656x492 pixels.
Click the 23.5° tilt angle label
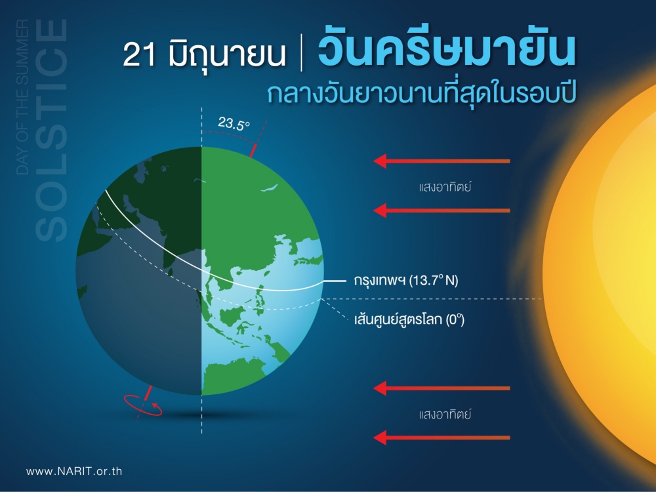[x=234, y=123]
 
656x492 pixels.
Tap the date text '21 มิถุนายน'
[x=205, y=54]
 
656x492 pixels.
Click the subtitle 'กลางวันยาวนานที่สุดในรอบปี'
[x=422, y=93]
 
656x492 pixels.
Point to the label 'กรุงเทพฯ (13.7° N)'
[x=406, y=280]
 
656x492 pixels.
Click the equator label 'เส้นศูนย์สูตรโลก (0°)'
[x=409, y=319]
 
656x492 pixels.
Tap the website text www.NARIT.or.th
[x=74, y=471]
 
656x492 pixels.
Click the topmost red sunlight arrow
[x=441, y=161]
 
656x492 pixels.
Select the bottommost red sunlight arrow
[x=441, y=438]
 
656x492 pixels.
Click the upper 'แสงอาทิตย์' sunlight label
[x=445, y=186]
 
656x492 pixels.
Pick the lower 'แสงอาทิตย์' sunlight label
[x=445, y=414]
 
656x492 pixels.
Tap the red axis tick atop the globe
[x=253, y=150]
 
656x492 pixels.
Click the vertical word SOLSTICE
[x=51, y=130]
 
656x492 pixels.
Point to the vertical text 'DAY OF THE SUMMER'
[x=22, y=97]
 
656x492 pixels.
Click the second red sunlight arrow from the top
[x=441, y=211]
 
